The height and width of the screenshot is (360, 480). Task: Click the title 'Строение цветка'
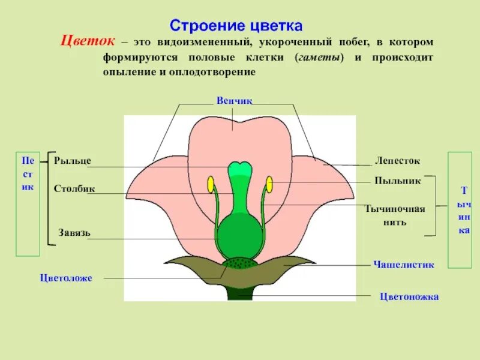tap(236, 26)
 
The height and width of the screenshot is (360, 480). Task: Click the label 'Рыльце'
tap(73, 161)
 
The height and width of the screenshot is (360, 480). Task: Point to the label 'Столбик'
tap(74, 190)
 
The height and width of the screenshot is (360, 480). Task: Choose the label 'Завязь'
tap(74, 232)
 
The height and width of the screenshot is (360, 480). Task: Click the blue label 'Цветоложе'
tap(66, 278)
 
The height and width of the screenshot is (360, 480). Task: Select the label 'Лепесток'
tap(397, 161)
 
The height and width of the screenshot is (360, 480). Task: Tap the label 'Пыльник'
tap(397, 180)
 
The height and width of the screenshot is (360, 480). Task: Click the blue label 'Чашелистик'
tap(403, 264)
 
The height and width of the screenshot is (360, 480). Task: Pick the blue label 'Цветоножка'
tap(410, 296)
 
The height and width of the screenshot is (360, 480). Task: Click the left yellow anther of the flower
tap(211, 184)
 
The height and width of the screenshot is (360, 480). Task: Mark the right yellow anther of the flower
tap(269, 184)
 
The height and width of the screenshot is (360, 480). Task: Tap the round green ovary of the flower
tap(240, 236)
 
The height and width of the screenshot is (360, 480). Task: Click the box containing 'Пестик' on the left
tap(28, 204)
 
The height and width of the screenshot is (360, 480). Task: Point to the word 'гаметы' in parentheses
tap(320, 58)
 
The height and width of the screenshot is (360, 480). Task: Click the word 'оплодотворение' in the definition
tap(221, 71)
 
